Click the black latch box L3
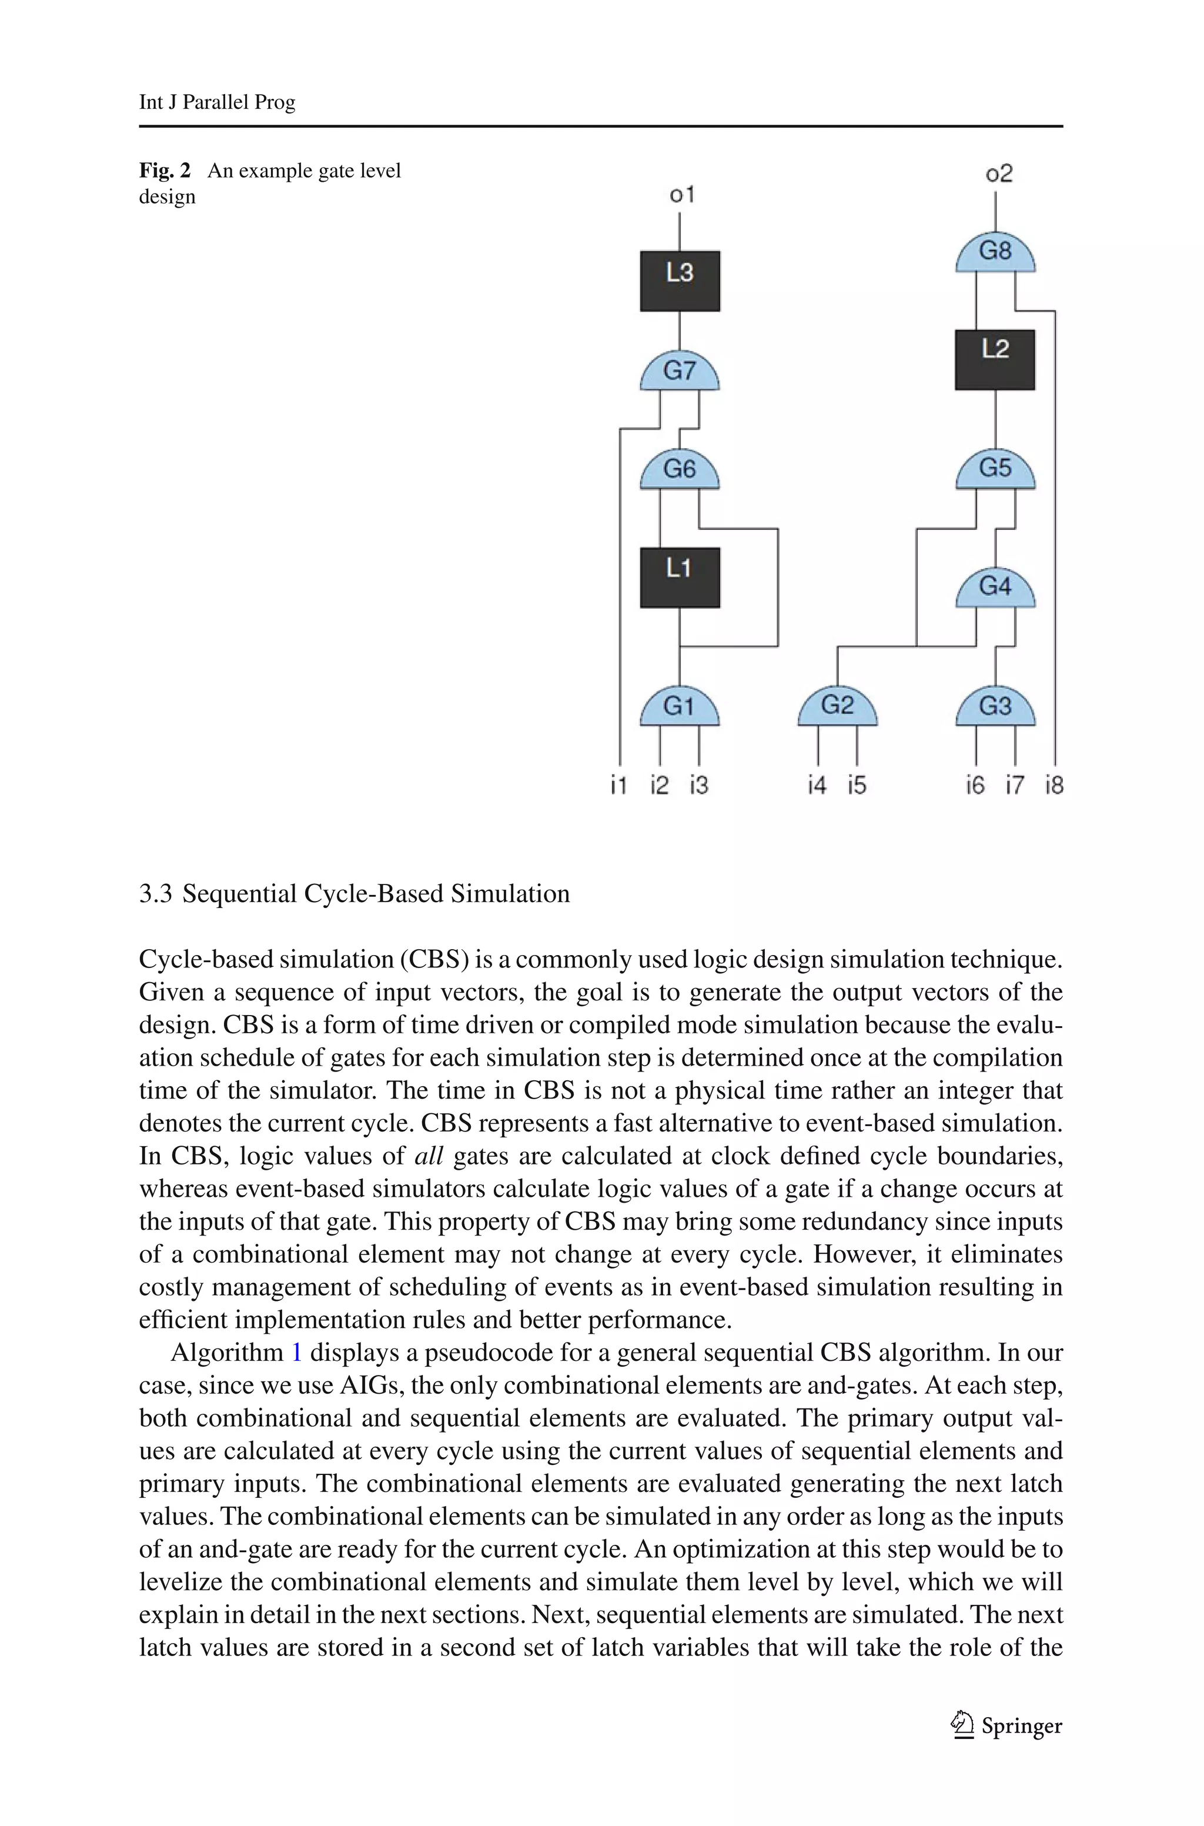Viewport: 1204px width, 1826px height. (680, 281)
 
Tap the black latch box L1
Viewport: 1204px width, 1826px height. (680, 577)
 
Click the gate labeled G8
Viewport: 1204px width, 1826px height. (995, 254)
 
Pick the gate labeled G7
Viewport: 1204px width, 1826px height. (680, 373)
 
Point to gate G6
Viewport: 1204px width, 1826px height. (680, 470)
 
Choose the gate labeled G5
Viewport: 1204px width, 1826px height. (995, 470)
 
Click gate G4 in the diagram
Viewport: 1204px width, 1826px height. (995, 589)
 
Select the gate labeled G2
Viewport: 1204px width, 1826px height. (837, 707)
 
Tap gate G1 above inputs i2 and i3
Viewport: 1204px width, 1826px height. (680, 707)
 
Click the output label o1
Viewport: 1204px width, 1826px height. (682, 195)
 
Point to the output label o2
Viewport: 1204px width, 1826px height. (999, 174)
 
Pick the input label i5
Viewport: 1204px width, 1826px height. (857, 786)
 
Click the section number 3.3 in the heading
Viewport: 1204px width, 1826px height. (155, 894)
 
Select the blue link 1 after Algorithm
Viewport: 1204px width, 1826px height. (297, 1352)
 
